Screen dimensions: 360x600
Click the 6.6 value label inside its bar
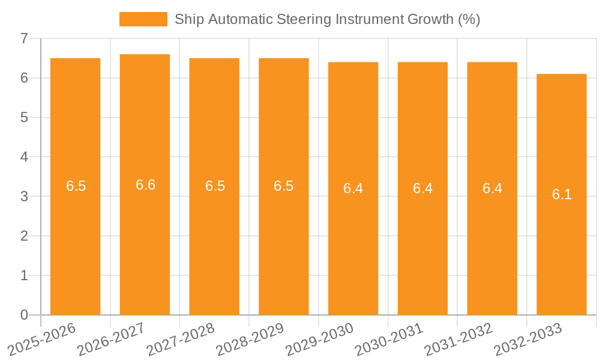pos(145,185)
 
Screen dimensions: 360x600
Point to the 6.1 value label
pos(562,194)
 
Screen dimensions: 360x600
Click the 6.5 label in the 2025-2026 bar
pos(76,186)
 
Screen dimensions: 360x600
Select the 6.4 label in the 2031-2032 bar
pos(492,188)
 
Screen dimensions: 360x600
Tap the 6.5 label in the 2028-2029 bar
pos(283,186)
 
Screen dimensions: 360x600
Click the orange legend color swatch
pos(143,19)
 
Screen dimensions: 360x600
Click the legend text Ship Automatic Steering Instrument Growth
pos(327,19)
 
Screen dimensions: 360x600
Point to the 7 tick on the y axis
pos(24,38)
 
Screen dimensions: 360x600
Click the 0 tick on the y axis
pos(24,315)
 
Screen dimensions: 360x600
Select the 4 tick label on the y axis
pos(24,157)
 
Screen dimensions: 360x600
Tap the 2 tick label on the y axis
pos(24,236)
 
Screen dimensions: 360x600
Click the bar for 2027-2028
pos(214,252)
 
